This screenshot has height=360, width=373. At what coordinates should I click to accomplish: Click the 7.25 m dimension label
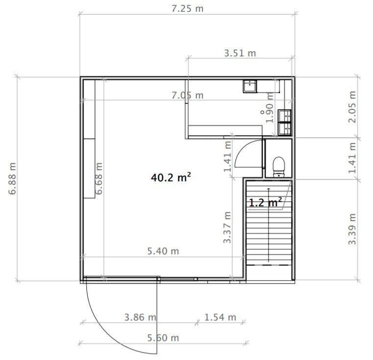pyautogui.click(x=187, y=9)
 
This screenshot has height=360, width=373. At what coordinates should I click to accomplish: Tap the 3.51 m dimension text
pyautogui.click(x=240, y=53)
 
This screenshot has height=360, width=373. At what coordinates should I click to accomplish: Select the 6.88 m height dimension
pyautogui.click(x=12, y=179)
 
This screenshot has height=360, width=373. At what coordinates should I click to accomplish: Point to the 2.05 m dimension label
pyautogui.click(x=352, y=107)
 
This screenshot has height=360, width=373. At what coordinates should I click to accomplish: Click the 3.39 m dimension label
pyautogui.click(x=352, y=229)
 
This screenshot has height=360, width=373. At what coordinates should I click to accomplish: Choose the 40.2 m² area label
pyautogui.click(x=171, y=177)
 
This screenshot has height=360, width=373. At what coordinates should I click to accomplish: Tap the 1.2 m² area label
pyautogui.click(x=265, y=202)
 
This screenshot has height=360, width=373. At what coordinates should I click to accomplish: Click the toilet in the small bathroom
pyautogui.click(x=278, y=167)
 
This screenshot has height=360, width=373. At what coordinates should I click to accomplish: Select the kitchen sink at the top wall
pyautogui.click(x=250, y=86)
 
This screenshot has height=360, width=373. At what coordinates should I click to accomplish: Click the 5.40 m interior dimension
pyautogui.click(x=163, y=251)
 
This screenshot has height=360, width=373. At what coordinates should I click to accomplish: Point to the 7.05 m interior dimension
pyautogui.click(x=187, y=96)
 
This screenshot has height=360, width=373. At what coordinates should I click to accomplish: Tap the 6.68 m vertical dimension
pyautogui.click(x=99, y=179)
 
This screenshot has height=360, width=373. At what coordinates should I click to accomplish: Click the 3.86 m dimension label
pyautogui.click(x=140, y=317)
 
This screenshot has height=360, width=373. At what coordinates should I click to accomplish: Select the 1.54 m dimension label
pyautogui.click(x=220, y=317)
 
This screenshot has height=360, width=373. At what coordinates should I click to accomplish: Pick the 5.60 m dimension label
pyautogui.click(x=163, y=338)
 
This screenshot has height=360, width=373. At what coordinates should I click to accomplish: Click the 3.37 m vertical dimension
pyautogui.click(x=227, y=228)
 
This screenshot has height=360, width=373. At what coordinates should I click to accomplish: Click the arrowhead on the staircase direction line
pyautogui.click(x=269, y=189)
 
